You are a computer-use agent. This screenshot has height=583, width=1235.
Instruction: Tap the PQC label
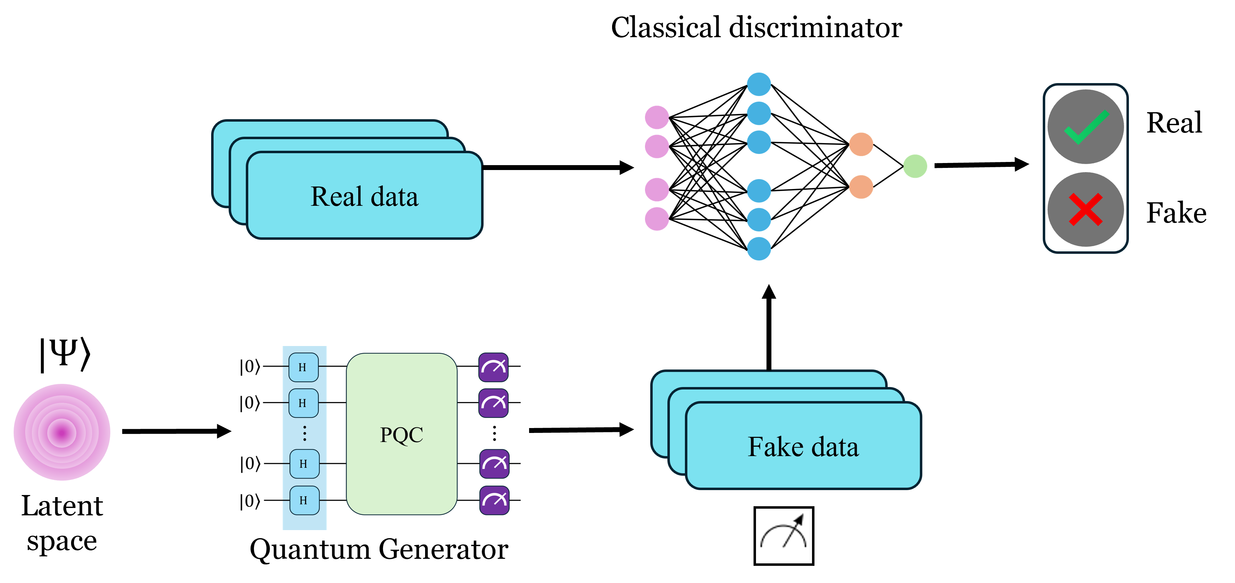(x=401, y=435)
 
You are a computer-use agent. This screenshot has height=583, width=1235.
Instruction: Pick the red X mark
(x=1085, y=209)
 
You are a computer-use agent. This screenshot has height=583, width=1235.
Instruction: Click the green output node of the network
(x=915, y=166)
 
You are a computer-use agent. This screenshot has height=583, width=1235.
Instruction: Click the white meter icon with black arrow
(x=783, y=535)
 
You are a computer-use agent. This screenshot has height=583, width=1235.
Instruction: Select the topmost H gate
(x=303, y=367)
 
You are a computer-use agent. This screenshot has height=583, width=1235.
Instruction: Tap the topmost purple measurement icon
(x=493, y=367)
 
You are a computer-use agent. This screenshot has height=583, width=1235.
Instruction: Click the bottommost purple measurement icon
(x=494, y=500)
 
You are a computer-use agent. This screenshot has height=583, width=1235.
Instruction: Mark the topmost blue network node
(x=759, y=84)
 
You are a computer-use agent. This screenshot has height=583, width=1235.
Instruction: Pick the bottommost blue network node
(x=759, y=249)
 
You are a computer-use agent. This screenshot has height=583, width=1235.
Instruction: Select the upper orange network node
(x=861, y=144)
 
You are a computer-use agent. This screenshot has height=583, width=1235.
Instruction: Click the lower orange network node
(x=861, y=187)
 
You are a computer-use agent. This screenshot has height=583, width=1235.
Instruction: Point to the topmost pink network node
(x=657, y=117)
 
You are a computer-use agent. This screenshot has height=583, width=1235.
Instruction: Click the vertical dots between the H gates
(x=304, y=433)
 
